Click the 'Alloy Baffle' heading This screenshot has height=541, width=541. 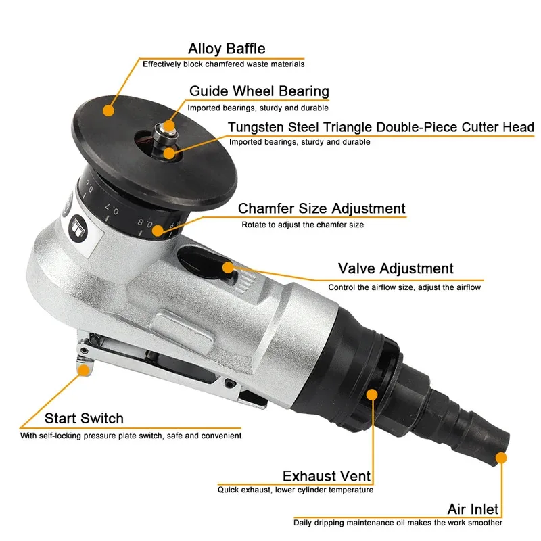pyautogui.click(x=227, y=49)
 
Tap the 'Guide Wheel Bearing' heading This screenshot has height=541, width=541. pyautogui.click(x=259, y=91)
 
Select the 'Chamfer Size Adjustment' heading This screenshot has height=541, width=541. pyautogui.click(x=321, y=209)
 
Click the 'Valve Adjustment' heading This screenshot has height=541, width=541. pyautogui.click(x=396, y=269)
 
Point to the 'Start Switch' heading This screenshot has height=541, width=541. pyautogui.click(x=84, y=419)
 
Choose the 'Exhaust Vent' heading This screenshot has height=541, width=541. pyautogui.click(x=327, y=476)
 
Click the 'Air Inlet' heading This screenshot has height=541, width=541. pyautogui.click(x=473, y=509)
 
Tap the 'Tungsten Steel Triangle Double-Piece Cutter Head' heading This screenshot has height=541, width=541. pyautogui.click(x=381, y=127)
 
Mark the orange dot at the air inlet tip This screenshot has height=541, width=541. pyautogui.click(x=500, y=458)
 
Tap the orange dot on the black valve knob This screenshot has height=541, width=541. pyautogui.click(x=228, y=267)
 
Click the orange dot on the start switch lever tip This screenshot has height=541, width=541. pyautogui.click(x=84, y=369)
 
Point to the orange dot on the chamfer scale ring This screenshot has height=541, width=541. pyautogui.click(x=158, y=231)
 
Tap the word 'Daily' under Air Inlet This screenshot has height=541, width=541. pyautogui.click(x=303, y=523)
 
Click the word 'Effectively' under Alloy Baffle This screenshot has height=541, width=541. pyautogui.click(x=160, y=64)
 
